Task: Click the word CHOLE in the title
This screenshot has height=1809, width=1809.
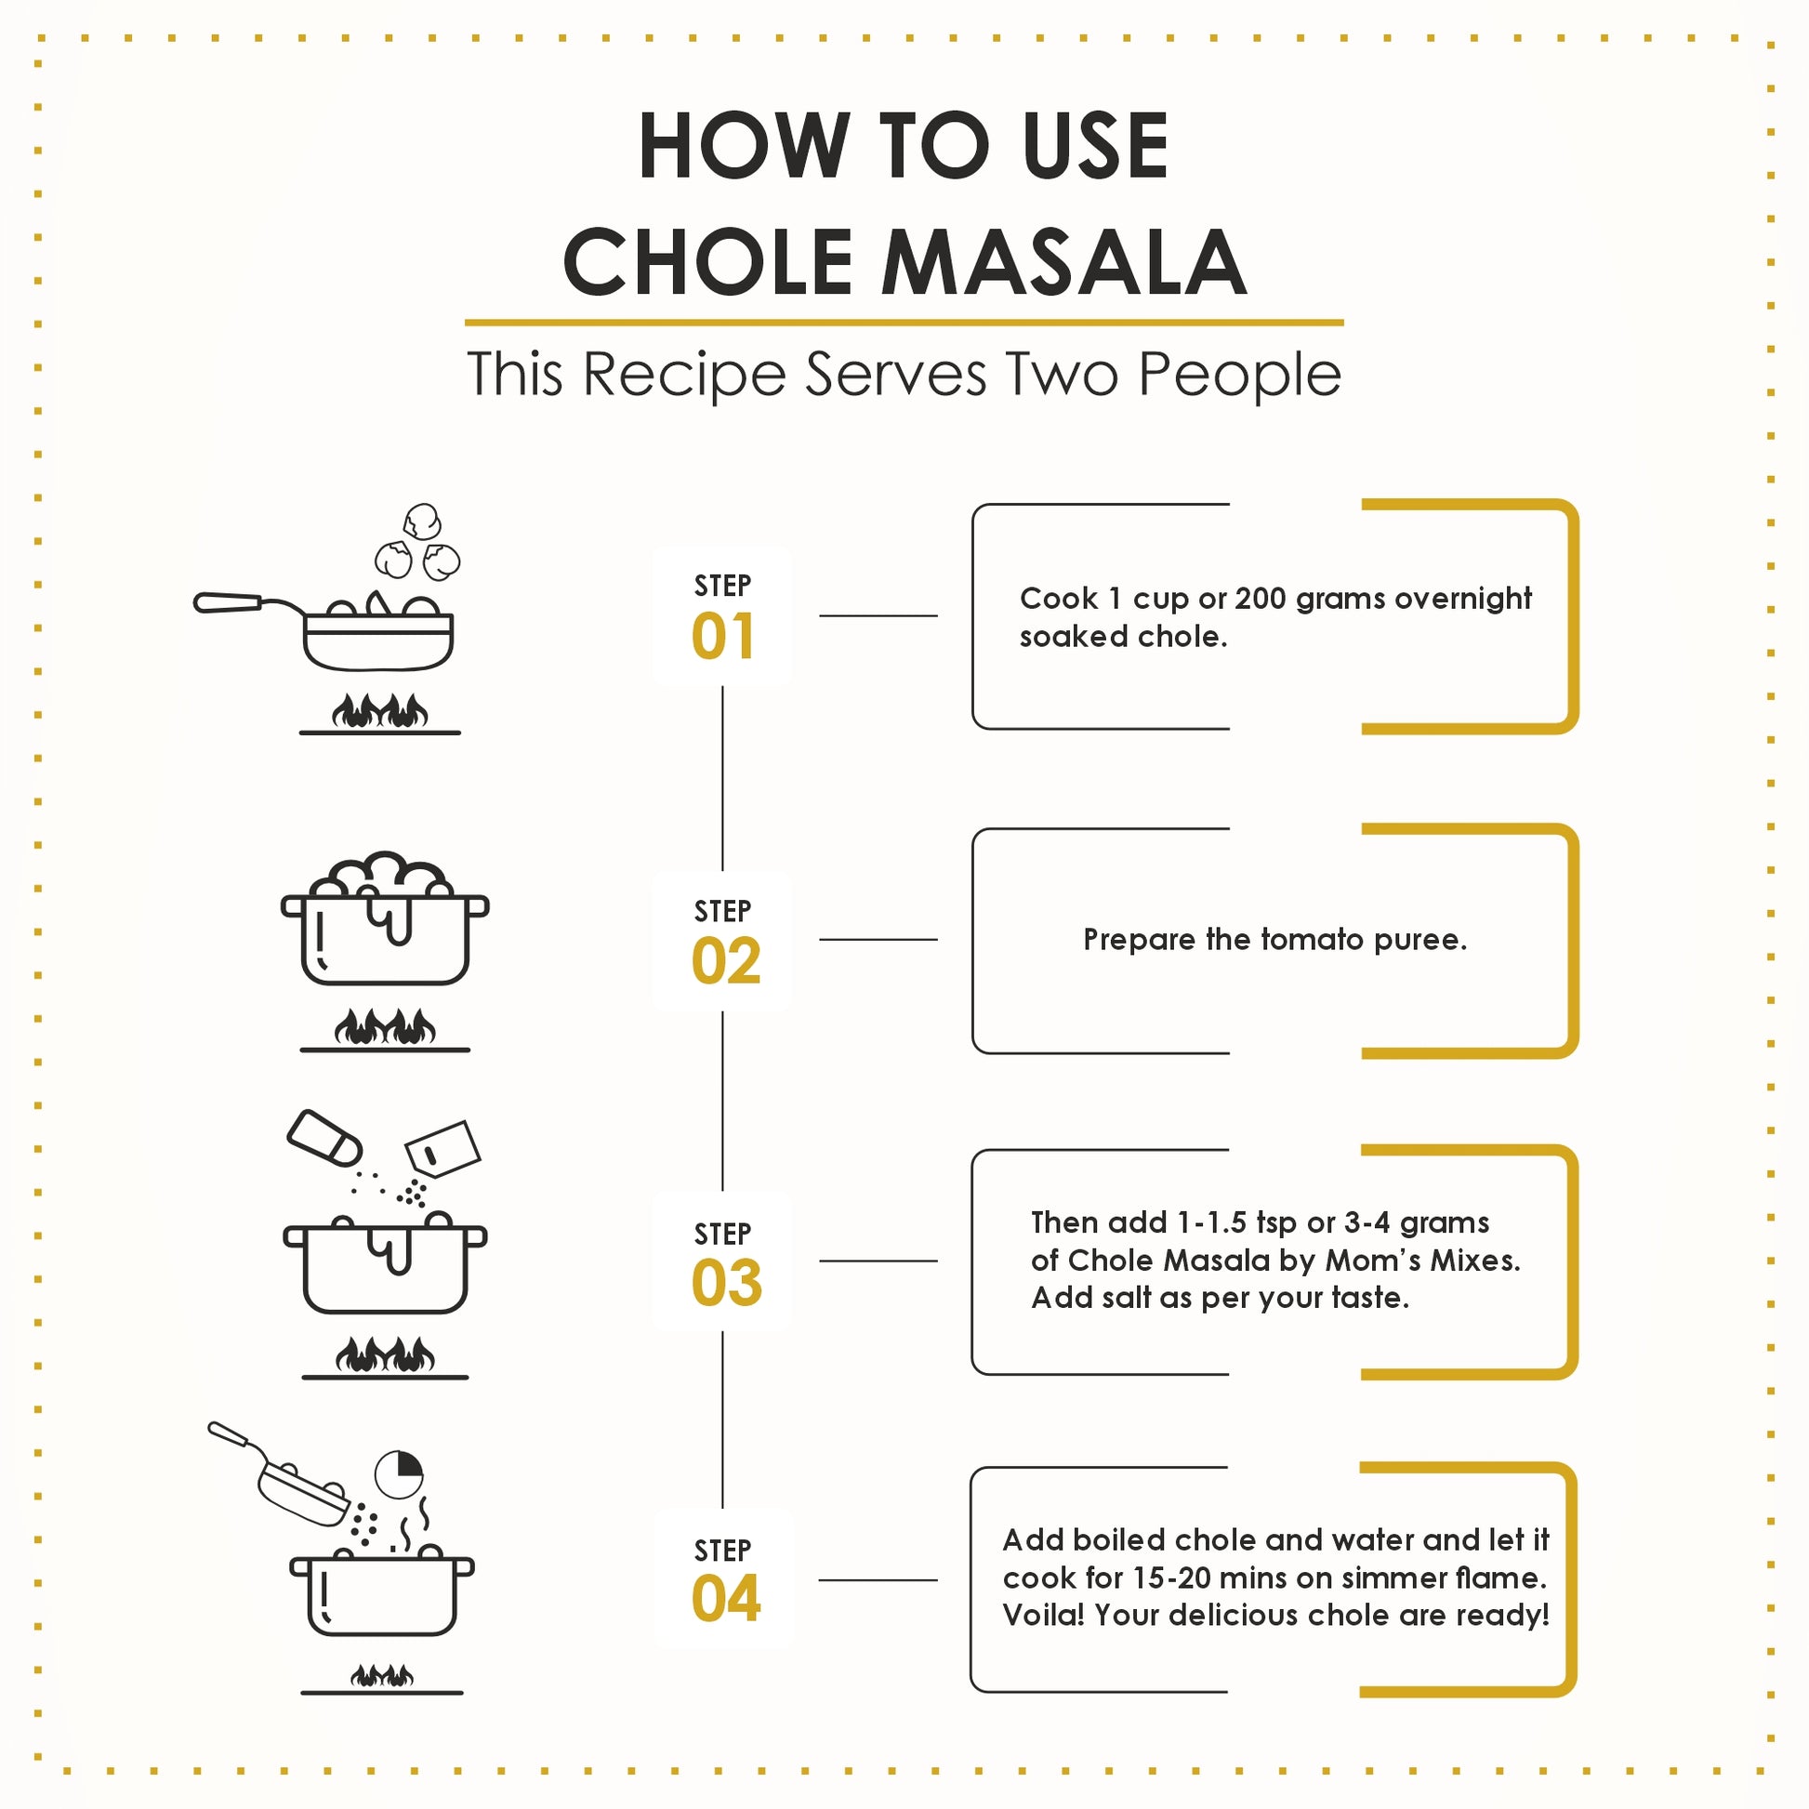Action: (x=706, y=262)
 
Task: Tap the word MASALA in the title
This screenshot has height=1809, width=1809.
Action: (x=1063, y=262)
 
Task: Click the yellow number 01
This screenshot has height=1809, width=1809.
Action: (x=723, y=637)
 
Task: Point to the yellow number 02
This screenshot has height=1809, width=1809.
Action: (x=726, y=961)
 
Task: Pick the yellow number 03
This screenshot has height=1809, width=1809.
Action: (x=727, y=1283)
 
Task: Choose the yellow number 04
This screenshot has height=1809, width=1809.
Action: (x=726, y=1598)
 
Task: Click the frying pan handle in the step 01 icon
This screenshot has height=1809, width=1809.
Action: (x=228, y=603)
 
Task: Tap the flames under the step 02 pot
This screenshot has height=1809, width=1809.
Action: (x=385, y=1027)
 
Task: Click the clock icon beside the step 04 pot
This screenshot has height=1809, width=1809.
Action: (x=399, y=1474)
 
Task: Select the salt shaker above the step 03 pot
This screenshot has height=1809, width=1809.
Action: (x=324, y=1138)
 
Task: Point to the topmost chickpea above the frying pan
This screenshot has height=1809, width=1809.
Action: (x=422, y=522)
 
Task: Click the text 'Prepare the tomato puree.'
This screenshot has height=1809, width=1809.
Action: (x=1274, y=939)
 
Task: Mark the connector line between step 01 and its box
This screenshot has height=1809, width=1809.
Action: (x=878, y=616)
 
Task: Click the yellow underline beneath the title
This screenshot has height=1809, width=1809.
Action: (x=904, y=322)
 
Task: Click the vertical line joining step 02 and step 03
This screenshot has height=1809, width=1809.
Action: (x=723, y=1102)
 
